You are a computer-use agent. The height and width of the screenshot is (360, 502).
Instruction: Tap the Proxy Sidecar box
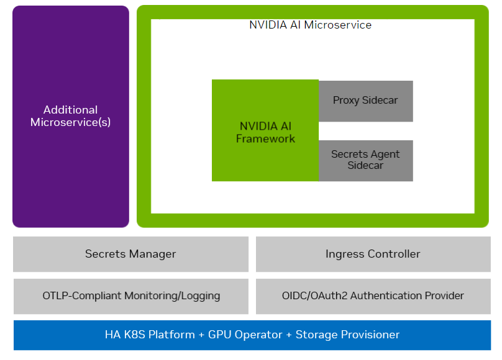[x=366, y=101]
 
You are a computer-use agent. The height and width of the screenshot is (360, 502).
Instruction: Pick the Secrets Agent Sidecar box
[x=366, y=160]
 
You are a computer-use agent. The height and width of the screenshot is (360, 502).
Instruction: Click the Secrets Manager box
[x=130, y=254]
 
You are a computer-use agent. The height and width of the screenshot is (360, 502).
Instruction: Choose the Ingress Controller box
[x=373, y=254]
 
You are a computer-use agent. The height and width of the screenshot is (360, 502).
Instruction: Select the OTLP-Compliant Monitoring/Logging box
[x=130, y=296]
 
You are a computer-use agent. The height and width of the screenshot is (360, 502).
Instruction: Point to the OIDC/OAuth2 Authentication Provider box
[x=373, y=296]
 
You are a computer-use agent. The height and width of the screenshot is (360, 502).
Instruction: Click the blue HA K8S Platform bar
[x=252, y=335]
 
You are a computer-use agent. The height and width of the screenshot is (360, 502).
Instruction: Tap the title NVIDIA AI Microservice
[x=310, y=25]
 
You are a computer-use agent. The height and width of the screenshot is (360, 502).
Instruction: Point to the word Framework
[x=265, y=139]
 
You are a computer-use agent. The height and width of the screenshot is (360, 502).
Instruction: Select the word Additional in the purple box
[x=70, y=110]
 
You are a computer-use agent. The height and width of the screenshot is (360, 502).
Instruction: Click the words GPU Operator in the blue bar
[x=245, y=335]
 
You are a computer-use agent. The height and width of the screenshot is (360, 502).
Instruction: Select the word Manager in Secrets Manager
[x=153, y=254]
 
